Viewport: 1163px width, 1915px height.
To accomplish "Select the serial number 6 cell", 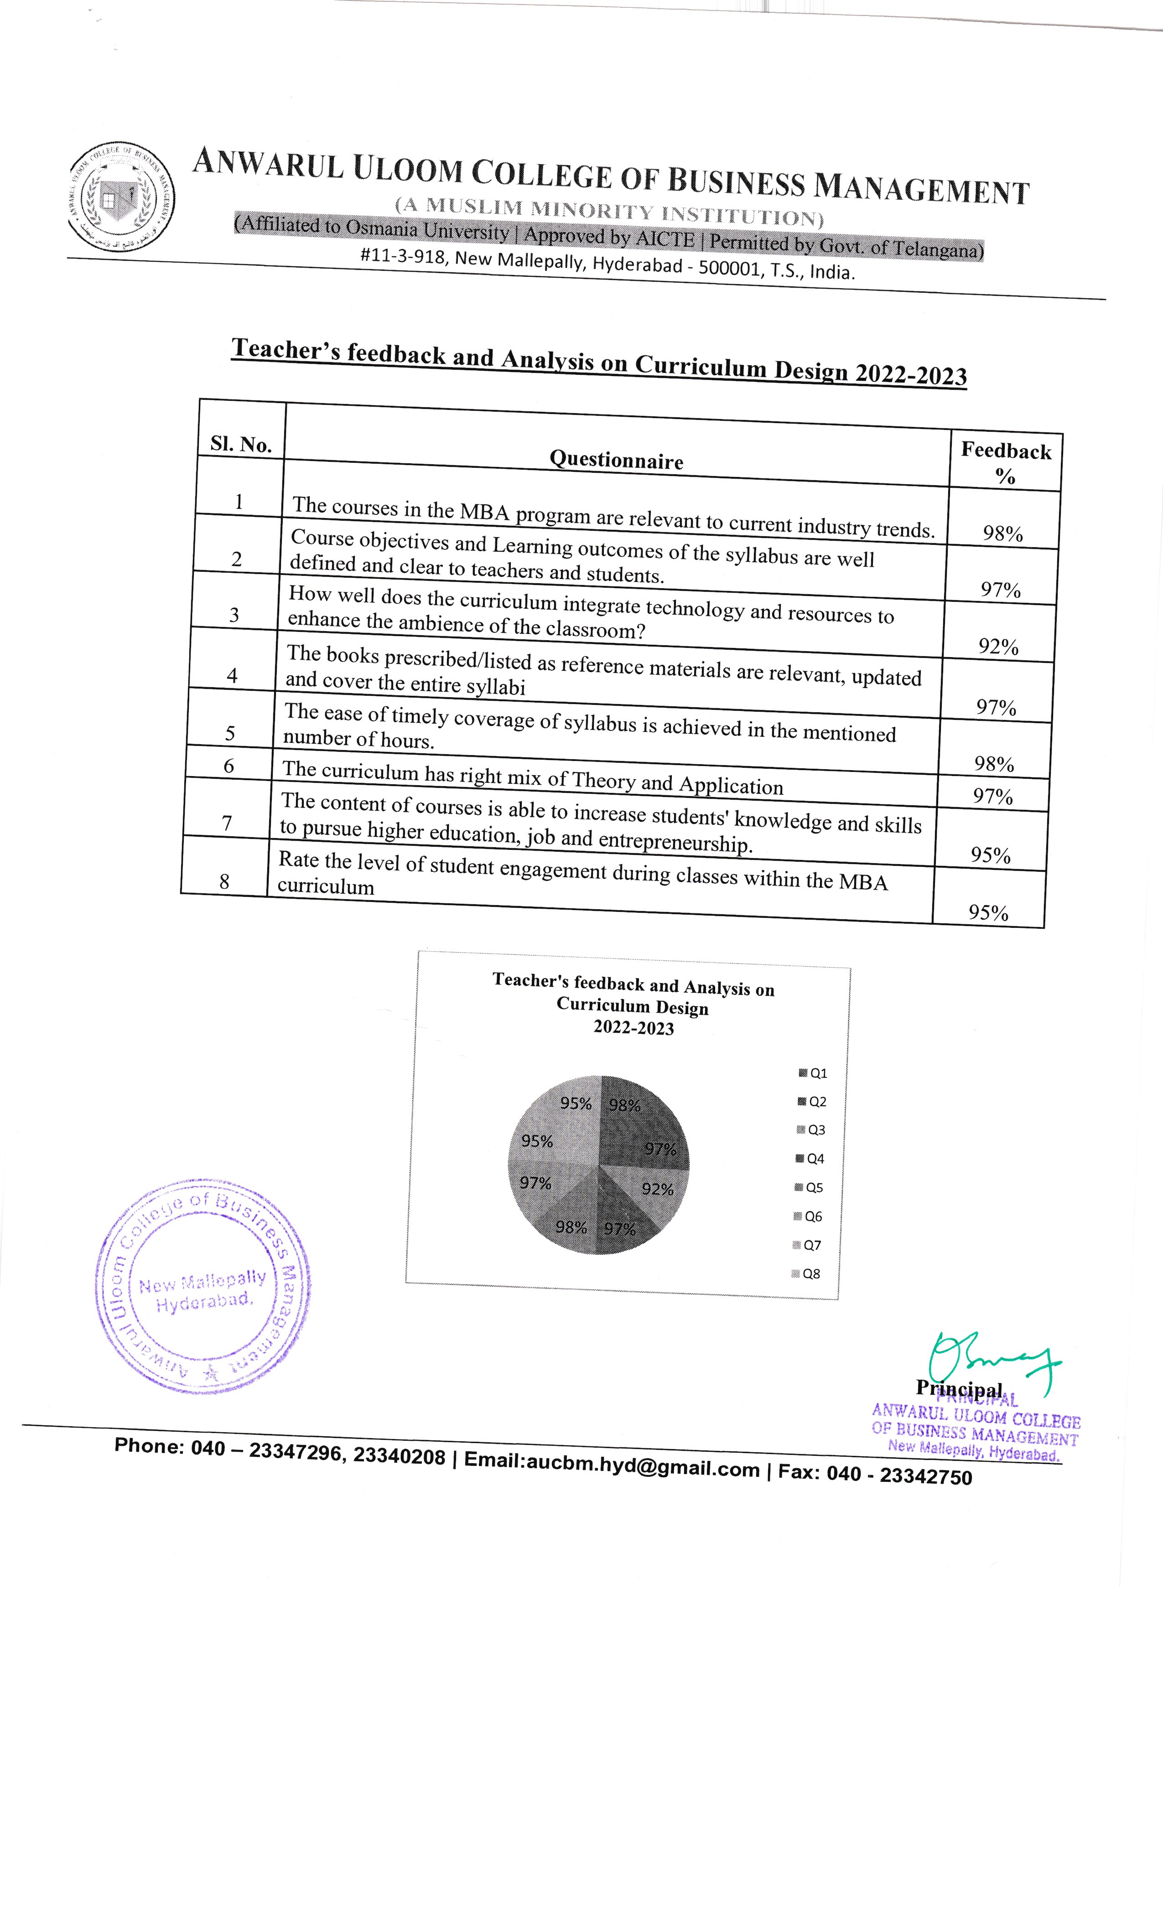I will coord(228,766).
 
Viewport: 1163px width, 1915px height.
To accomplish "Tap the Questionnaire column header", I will coord(617,460).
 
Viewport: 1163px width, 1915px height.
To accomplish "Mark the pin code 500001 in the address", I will coord(729,269).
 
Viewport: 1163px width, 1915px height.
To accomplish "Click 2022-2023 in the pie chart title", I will coord(633,1027).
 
